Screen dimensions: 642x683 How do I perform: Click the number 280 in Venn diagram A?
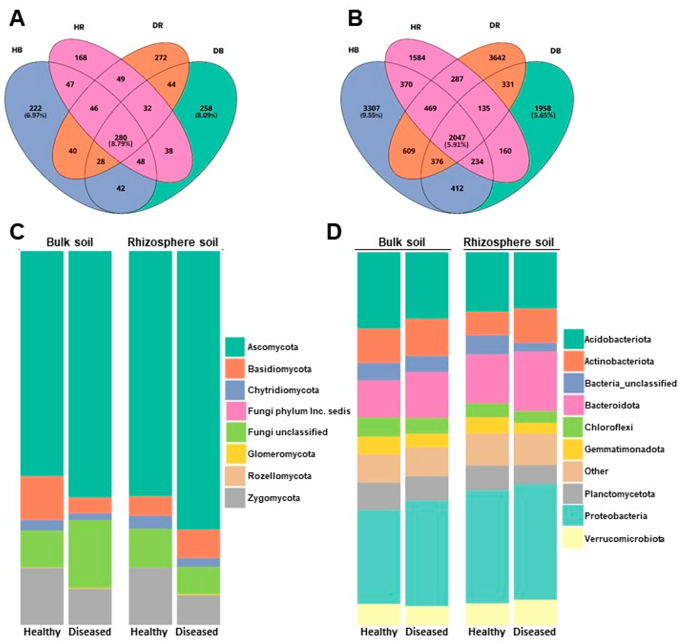pos(121,138)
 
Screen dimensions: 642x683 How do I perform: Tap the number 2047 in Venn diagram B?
pos(457,138)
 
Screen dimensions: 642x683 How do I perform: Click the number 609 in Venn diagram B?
pos(409,151)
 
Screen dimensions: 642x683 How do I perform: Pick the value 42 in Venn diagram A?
pos(121,188)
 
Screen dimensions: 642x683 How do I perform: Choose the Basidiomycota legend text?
pos(279,369)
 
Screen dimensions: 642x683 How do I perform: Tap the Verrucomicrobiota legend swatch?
pos(573,538)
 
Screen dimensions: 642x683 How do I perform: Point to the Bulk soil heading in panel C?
pos(70,242)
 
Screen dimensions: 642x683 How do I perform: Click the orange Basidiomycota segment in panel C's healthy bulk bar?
pos(42,498)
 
